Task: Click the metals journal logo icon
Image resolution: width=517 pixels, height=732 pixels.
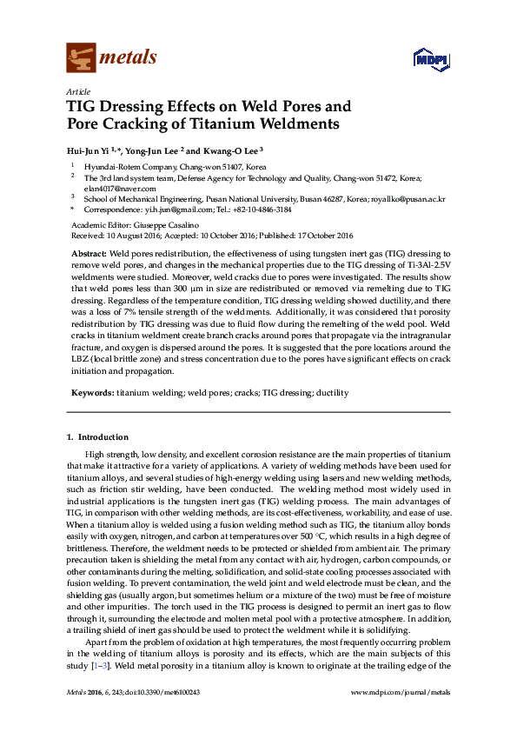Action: coord(81,57)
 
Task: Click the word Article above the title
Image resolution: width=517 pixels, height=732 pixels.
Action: coord(76,91)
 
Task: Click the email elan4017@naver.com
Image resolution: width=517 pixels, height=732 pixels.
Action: coord(119,188)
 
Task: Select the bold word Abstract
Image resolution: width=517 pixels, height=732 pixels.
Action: coord(89,251)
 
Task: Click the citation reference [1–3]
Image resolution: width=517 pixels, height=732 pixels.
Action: coord(102,666)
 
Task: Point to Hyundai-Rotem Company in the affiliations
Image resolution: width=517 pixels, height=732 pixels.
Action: coord(134,166)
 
